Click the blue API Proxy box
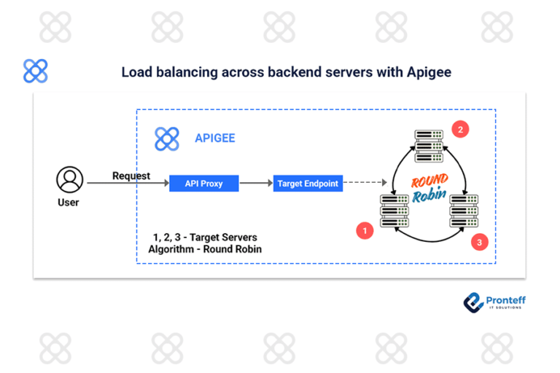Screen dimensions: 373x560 203,184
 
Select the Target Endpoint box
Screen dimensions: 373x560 308,184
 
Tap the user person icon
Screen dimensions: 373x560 70,179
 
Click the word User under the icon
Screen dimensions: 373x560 69,203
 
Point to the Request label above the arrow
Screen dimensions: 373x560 131,176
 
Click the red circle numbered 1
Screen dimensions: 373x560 364,231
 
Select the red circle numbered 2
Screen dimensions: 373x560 460,130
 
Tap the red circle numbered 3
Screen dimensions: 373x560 479,243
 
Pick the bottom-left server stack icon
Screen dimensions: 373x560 394,211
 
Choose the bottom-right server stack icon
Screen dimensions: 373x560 464,211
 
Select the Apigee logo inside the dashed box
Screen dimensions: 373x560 167,138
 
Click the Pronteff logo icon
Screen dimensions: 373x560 473,302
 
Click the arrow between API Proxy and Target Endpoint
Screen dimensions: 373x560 256,184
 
